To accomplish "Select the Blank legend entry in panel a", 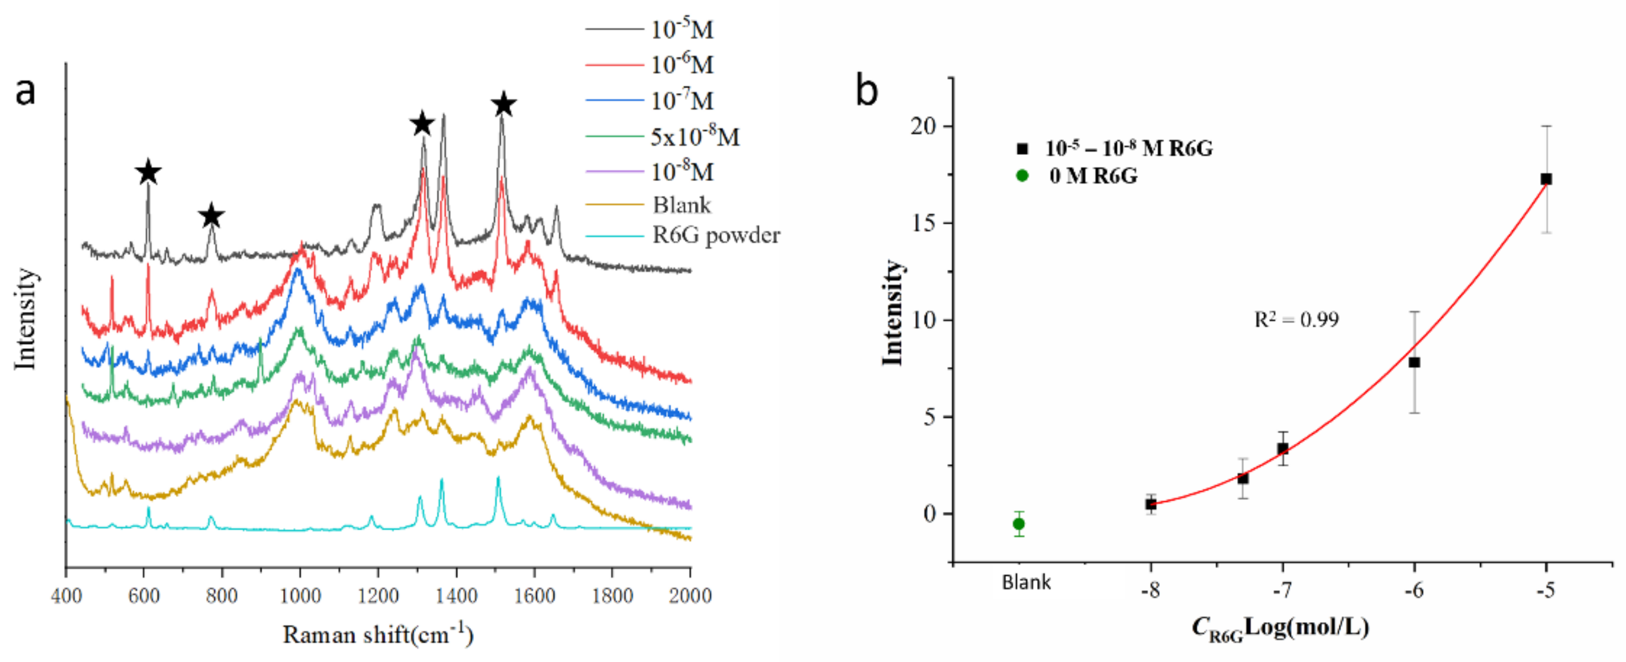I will (681, 205).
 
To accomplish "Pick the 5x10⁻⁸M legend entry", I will (694, 136).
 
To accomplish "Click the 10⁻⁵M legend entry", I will (682, 29).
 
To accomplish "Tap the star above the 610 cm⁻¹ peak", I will (148, 172).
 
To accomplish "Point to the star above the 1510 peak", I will (503, 104).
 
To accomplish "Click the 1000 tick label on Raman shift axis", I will (300, 595).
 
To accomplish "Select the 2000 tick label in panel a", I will (690, 595).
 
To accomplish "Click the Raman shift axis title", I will (377, 634).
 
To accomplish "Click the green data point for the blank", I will (1019, 524).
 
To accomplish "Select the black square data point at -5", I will (1546, 179).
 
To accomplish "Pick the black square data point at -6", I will (1415, 362).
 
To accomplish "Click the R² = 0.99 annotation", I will (1296, 320).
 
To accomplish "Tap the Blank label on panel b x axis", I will (1026, 582).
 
